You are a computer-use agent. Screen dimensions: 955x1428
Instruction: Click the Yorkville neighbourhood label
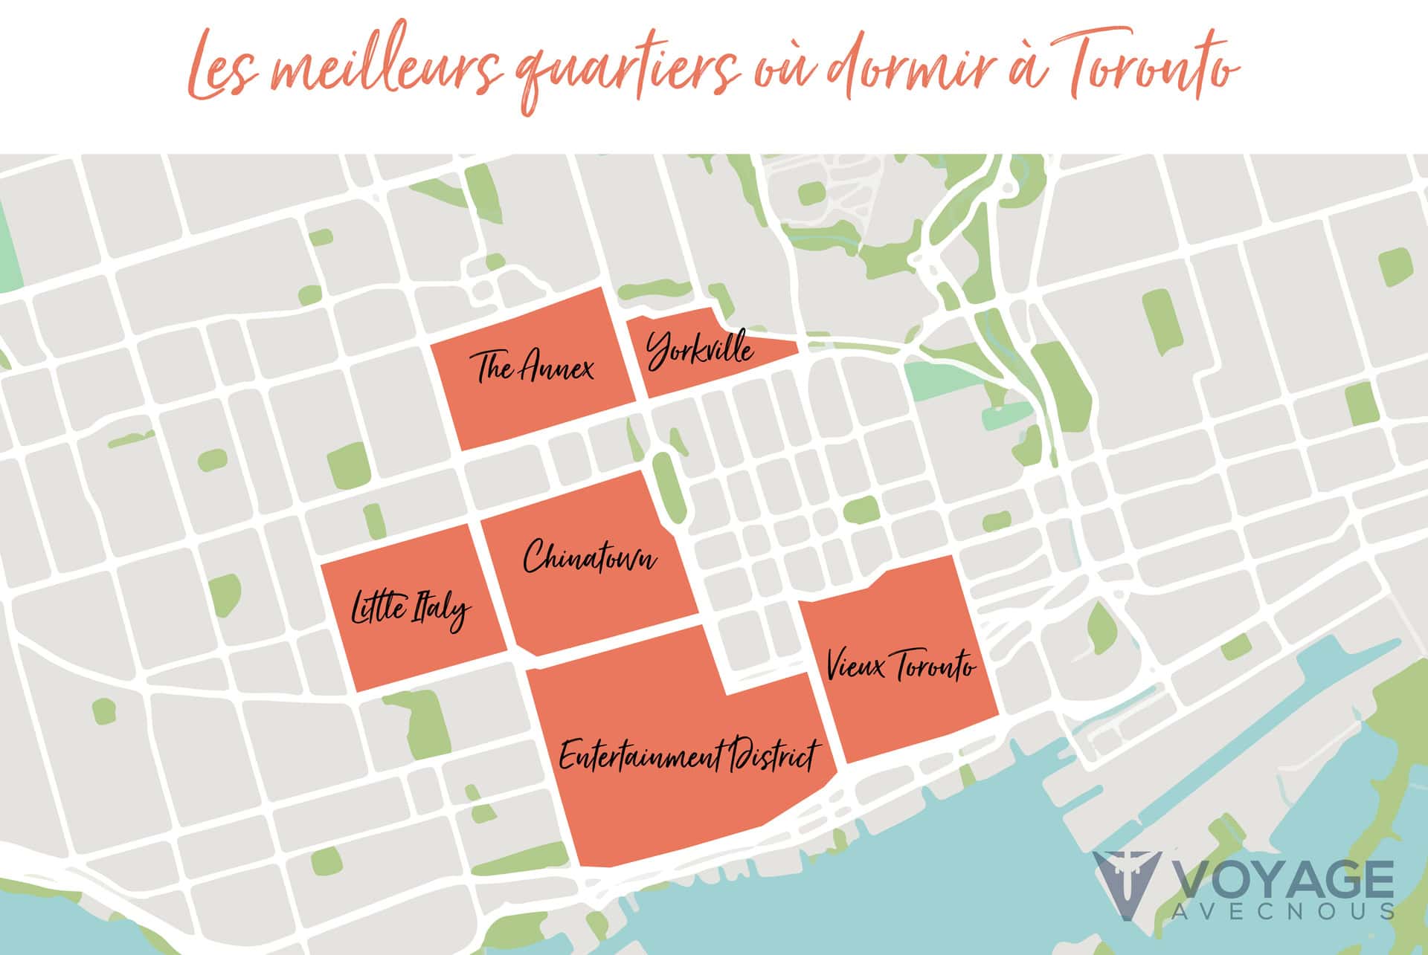[700, 350]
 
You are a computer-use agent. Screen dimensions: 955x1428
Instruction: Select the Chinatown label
[590, 557]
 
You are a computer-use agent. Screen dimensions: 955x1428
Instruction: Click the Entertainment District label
[688, 757]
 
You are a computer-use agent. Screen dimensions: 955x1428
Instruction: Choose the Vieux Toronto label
[900, 665]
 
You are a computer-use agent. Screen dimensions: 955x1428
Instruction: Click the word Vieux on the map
[856, 665]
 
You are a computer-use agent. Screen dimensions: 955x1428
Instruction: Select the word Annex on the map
[557, 368]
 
